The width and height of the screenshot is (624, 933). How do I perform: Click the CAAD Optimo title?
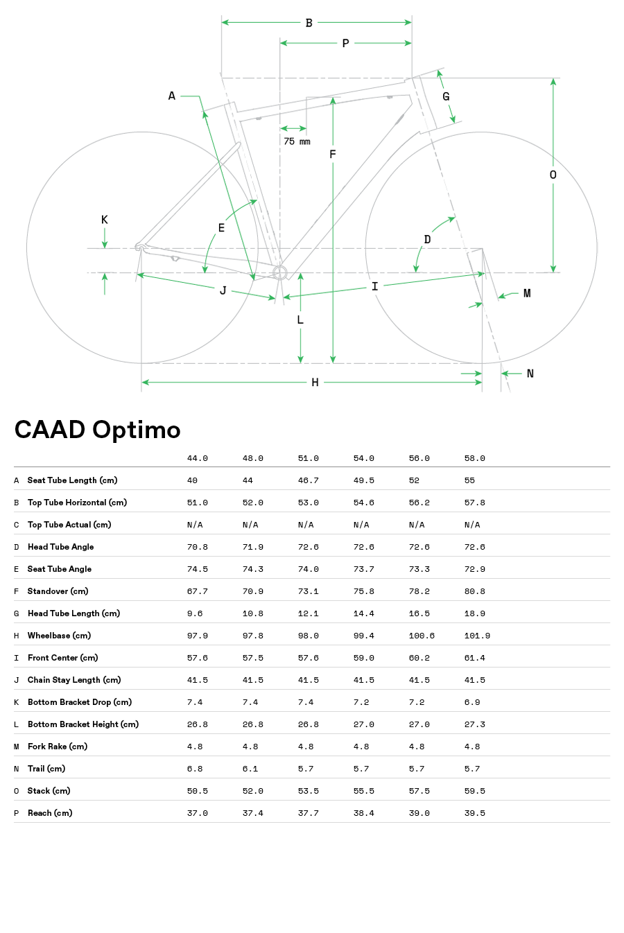pyautogui.click(x=97, y=430)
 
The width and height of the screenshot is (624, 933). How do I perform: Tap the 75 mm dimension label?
pyautogui.click(x=297, y=141)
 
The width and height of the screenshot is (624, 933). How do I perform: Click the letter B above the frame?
pyautogui.click(x=309, y=23)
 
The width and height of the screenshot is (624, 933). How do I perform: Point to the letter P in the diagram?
pyautogui.click(x=345, y=44)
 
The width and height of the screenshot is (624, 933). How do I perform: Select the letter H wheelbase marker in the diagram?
pyautogui.click(x=315, y=383)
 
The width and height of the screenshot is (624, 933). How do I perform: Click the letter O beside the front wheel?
pyautogui.click(x=553, y=175)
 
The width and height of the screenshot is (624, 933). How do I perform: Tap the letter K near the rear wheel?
pyautogui.click(x=105, y=220)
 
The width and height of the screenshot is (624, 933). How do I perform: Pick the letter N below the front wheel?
pyautogui.click(x=530, y=374)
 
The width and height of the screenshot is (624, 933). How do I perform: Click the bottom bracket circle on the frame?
pyautogui.click(x=279, y=272)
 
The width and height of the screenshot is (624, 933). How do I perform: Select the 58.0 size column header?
pyautogui.click(x=475, y=458)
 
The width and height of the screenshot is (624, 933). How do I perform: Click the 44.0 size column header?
pyautogui.click(x=198, y=458)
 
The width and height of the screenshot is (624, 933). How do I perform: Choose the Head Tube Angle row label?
pyautogui.click(x=60, y=547)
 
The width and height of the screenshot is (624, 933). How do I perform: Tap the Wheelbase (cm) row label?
pyautogui.click(x=59, y=636)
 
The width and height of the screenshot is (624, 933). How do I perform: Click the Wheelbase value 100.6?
pyautogui.click(x=422, y=636)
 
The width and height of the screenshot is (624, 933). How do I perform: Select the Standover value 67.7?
pyautogui.click(x=198, y=591)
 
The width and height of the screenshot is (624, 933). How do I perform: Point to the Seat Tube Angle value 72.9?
pyautogui.click(x=475, y=569)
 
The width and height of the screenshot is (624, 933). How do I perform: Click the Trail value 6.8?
pyautogui.click(x=195, y=769)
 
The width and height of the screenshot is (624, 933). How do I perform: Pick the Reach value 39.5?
pyautogui.click(x=475, y=813)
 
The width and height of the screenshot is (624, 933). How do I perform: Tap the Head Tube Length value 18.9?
pyautogui.click(x=475, y=613)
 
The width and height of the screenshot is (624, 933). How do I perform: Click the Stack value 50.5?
pyautogui.click(x=198, y=791)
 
